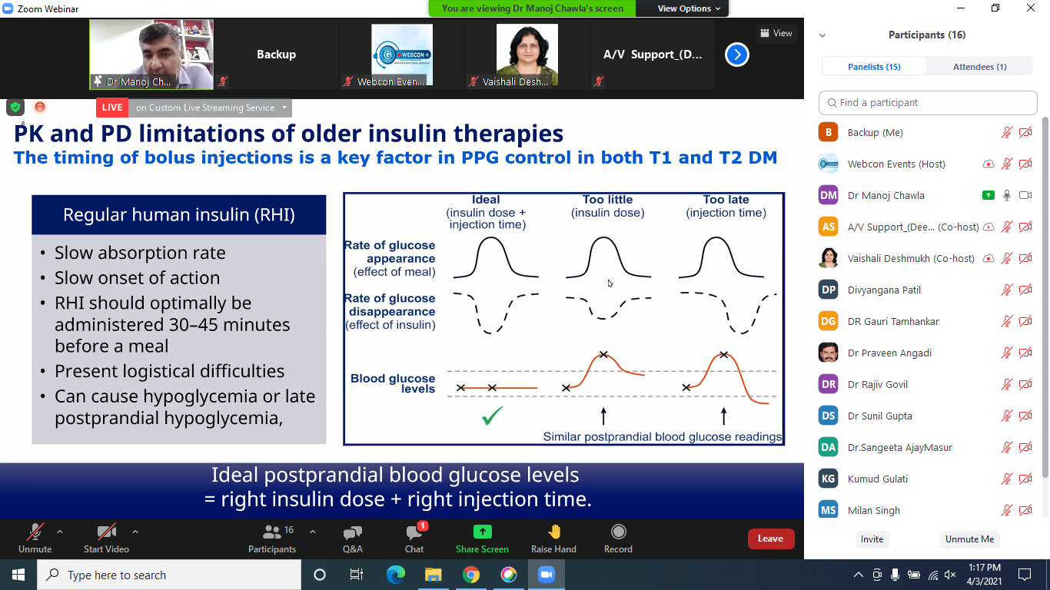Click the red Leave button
(771, 539)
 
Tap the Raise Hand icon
(554, 532)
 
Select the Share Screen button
(482, 539)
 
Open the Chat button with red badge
(414, 539)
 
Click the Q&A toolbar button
(353, 539)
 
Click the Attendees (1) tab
(979, 67)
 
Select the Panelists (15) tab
(874, 67)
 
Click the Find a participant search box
(928, 103)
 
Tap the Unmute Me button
(969, 539)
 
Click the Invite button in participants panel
(872, 539)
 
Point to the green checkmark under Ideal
(492, 416)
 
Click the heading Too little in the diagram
(607, 200)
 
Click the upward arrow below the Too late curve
(724, 416)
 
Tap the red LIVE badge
(112, 108)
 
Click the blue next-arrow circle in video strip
(737, 55)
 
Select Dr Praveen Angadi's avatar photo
(829, 353)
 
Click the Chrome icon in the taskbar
(470, 575)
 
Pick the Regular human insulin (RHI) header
(179, 214)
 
